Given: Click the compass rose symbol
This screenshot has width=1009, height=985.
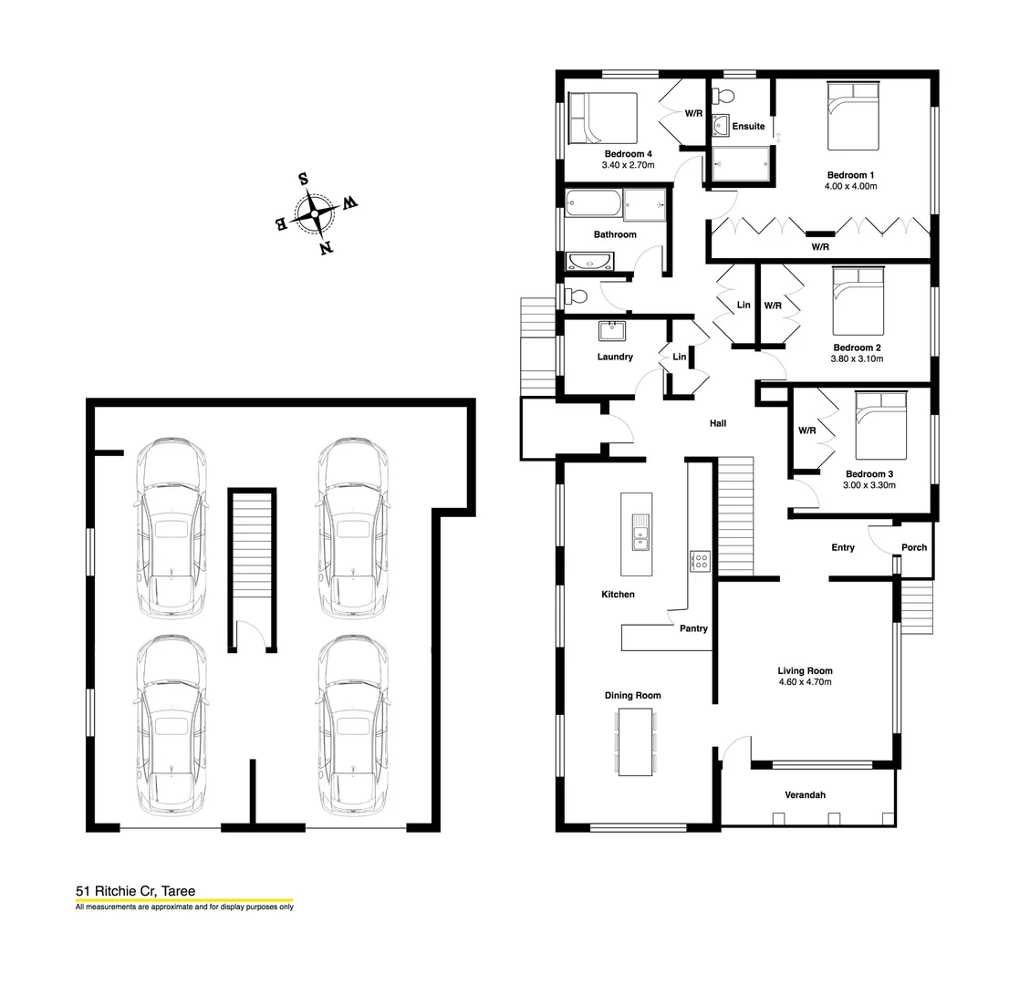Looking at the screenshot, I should [x=315, y=213].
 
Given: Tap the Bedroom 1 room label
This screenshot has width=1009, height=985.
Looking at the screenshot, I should [x=851, y=175].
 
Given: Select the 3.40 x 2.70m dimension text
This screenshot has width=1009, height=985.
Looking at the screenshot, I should [x=628, y=166].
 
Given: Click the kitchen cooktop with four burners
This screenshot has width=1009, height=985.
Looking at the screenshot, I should [x=700, y=560].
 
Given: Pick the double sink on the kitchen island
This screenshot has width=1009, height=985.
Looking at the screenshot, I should [x=640, y=533].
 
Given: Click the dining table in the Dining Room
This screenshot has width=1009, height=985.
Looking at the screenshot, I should [x=635, y=741].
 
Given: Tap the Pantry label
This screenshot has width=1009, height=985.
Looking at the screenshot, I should [x=693, y=628].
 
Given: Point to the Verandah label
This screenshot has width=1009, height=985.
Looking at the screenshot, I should [x=805, y=795].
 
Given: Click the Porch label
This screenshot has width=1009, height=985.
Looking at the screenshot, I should [x=913, y=547].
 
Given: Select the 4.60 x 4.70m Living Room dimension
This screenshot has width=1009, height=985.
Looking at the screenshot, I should [x=805, y=682].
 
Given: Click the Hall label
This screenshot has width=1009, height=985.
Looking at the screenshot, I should [x=718, y=423].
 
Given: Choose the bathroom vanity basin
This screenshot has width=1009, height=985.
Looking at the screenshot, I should [x=590, y=264].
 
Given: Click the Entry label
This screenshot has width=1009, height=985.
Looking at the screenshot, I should [x=843, y=547].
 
